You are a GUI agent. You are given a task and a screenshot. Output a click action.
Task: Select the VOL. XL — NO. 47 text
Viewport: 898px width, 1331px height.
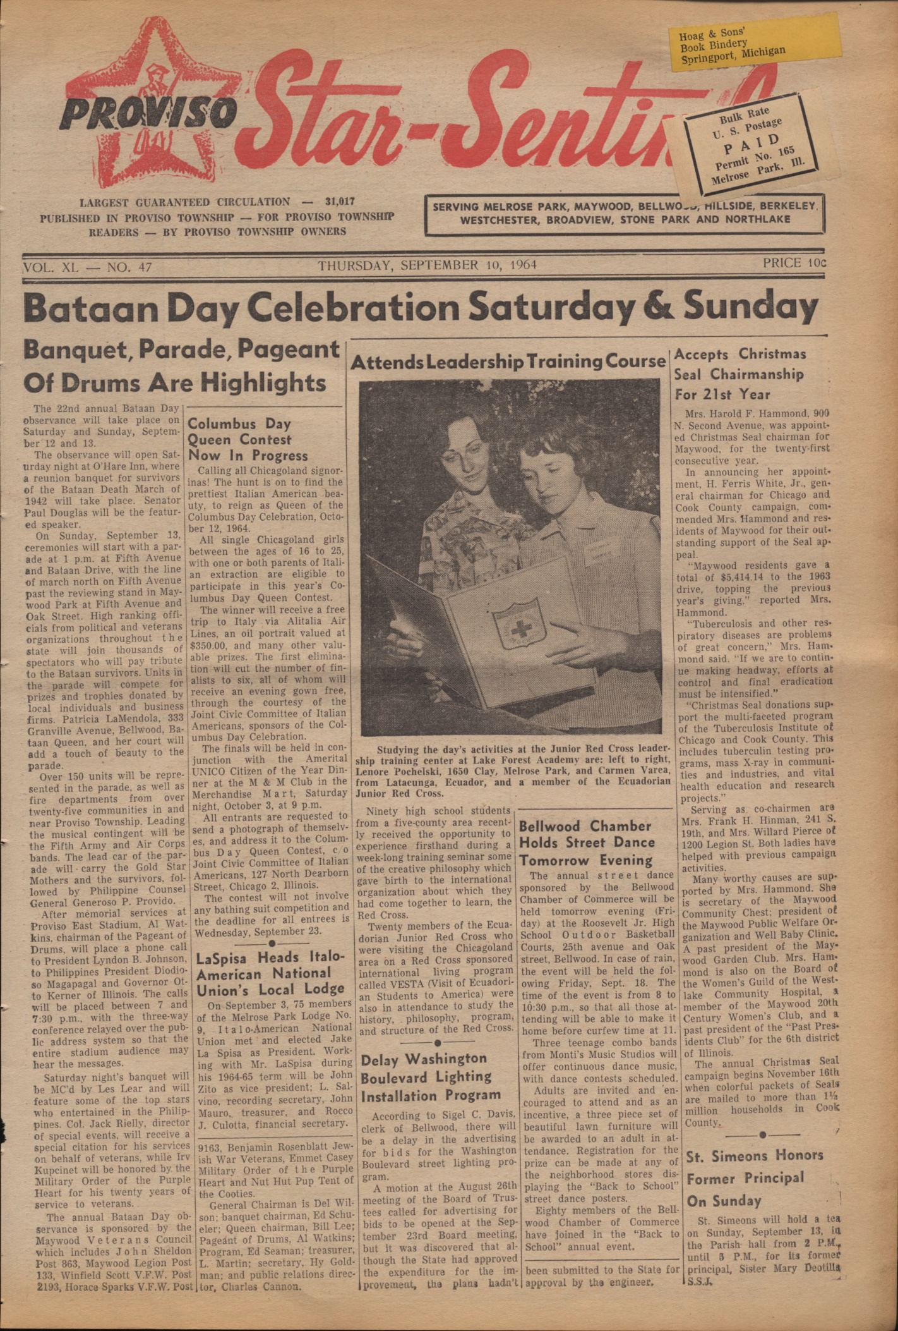[87, 267]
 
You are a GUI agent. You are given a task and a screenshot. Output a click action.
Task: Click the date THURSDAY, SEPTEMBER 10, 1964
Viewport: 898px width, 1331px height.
[428, 265]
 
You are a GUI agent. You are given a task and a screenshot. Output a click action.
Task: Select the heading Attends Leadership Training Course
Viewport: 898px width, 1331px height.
[508, 362]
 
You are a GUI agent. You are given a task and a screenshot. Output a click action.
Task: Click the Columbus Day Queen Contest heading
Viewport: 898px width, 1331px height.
[248, 439]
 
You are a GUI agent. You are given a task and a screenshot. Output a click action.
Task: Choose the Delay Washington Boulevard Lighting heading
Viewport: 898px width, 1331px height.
[431, 1078]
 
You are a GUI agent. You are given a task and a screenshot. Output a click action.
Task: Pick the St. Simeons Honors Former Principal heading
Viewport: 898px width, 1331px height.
[755, 1178]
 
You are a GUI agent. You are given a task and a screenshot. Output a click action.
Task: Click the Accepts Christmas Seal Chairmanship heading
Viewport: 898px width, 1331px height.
[740, 374]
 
